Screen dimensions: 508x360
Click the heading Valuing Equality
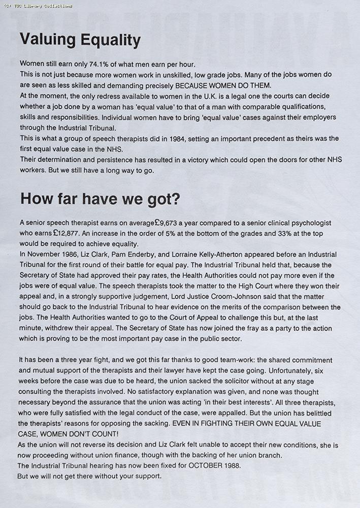[80, 40]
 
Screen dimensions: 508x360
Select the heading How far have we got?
[100, 199]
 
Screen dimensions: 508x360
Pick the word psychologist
[310, 223]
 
